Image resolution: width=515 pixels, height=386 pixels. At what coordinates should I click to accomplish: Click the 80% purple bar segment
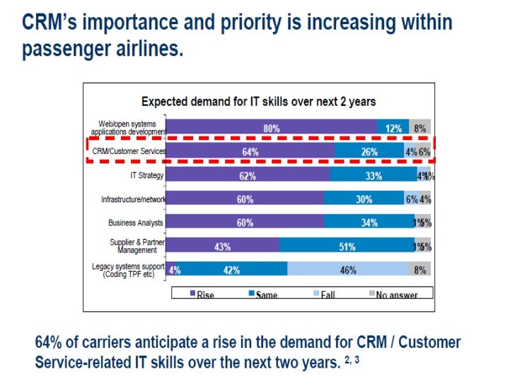[272, 129]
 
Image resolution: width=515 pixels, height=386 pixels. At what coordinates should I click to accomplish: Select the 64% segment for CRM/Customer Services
[250, 151]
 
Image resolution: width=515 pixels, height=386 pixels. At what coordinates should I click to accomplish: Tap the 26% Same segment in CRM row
[369, 151]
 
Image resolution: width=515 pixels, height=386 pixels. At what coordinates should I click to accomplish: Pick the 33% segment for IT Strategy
[373, 175]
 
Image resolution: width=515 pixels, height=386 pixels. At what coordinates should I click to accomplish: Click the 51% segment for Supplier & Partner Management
[347, 246]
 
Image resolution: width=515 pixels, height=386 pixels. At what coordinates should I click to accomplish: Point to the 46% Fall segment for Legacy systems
[347, 269]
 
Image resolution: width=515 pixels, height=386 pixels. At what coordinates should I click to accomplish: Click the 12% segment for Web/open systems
[393, 129]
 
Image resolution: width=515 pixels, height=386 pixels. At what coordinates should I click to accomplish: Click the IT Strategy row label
[146, 175]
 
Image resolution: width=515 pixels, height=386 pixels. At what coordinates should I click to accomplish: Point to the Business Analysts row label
[136, 222]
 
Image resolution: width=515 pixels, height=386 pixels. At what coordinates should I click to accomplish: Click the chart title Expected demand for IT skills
[259, 102]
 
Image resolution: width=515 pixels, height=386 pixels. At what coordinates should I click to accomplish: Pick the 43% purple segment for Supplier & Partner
[224, 246]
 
